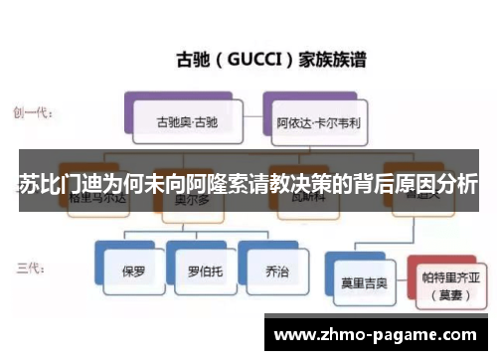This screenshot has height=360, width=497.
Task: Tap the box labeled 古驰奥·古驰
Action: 186,123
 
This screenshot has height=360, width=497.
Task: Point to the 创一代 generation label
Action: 34,111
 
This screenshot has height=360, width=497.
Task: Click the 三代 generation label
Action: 29,267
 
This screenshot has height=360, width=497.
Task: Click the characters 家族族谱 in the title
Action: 333,59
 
